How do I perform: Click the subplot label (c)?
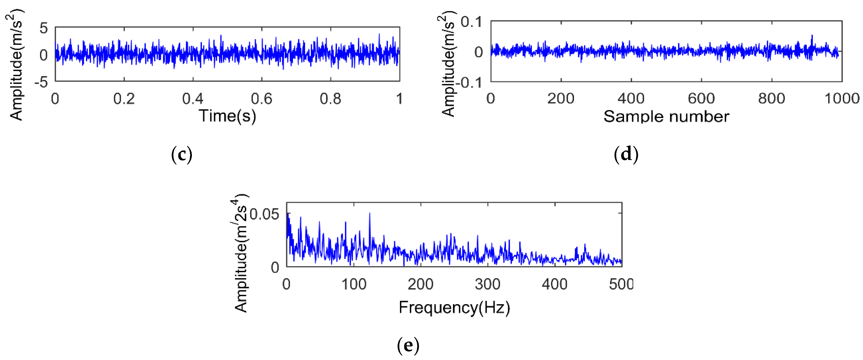click(x=182, y=154)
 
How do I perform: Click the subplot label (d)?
click(x=626, y=154)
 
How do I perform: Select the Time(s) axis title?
click(x=228, y=116)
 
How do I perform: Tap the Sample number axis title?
click(x=666, y=117)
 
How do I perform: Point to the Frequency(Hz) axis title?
click(x=454, y=307)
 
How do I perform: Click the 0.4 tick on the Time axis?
click(x=193, y=99)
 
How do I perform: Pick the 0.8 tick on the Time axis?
click(x=330, y=99)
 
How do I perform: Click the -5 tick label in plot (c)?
click(x=42, y=82)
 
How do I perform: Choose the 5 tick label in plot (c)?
click(x=43, y=28)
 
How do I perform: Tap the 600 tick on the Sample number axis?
click(x=701, y=99)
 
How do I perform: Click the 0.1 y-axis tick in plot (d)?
click(x=471, y=22)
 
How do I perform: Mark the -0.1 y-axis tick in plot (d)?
click(x=469, y=82)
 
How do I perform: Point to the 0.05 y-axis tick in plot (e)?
click(x=264, y=214)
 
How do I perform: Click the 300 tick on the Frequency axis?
click(x=487, y=284)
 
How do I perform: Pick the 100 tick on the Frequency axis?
click(x=354, y=284)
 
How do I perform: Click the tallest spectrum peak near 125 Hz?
click(x=369, y=213)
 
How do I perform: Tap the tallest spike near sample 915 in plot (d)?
click(x=812, y=35)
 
